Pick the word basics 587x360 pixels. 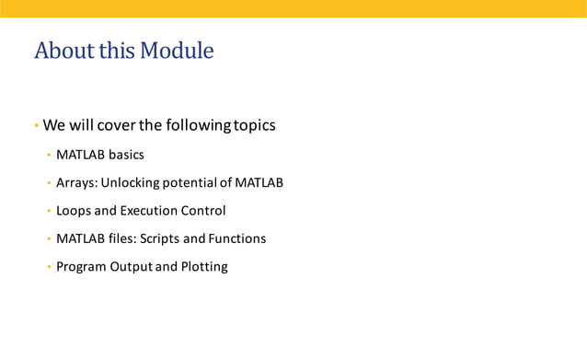tap(126, 155)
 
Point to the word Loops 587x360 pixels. tap(74, 211)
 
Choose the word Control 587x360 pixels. tap(203, 211)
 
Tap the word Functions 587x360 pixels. tap(236, 238)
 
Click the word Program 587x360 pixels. tap(82, 267)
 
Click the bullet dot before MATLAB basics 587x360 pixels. tap(49, 155)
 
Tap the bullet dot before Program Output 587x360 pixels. tap(49, 267)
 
